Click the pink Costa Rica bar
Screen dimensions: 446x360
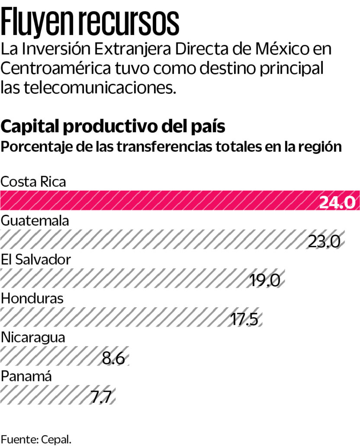pos(158,201)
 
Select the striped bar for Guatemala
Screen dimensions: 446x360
pos(151,240)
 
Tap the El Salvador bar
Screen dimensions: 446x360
pos(123,278)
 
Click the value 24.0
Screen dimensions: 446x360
pos(337,203)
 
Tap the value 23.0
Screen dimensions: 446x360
pos(324,242)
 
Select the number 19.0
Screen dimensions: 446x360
pos(265,280)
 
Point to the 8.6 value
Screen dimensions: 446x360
pos(113,358)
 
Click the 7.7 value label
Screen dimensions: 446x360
pos(101,397)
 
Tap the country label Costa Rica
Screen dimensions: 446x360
pos(33,182)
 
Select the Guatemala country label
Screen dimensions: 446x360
pos(35,221)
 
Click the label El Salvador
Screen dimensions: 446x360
pos(36,260)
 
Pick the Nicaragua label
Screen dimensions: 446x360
pos(33,337)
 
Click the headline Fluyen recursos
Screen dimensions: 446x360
pos(90,22)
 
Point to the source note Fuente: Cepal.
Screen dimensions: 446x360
pos(36,439)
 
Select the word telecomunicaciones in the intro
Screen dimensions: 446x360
pos(99,87)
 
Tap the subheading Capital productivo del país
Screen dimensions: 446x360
pos(113,126)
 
